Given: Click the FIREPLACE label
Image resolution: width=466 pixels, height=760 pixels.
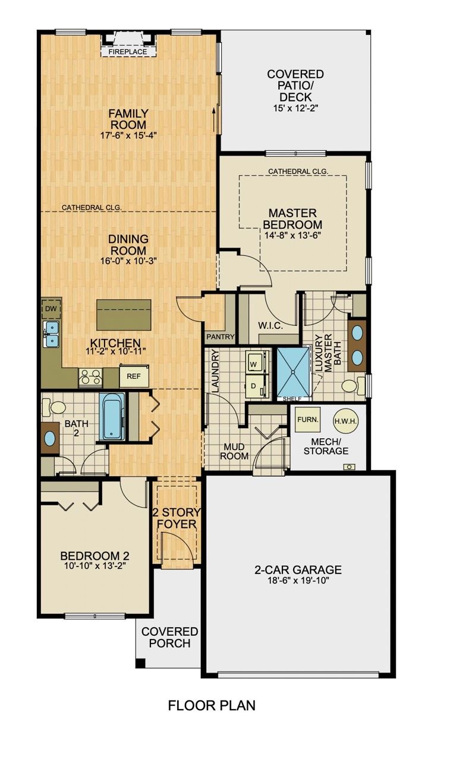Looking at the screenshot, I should pos(127,52).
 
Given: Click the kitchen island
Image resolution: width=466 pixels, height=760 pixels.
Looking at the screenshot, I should pos(124,314).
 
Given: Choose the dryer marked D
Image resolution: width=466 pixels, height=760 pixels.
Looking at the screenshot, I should pos(254,387).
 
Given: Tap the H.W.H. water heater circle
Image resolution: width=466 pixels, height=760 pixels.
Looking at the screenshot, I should pos(345,421).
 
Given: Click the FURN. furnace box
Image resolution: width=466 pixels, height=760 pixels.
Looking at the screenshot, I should pos(308,419).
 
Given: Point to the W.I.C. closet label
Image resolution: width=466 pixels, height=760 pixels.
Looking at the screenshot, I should pos(270,326).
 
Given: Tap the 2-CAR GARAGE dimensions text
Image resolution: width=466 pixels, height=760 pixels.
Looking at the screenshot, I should pos(298,580).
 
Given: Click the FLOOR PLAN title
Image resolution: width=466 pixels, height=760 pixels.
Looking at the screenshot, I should pos(212,705).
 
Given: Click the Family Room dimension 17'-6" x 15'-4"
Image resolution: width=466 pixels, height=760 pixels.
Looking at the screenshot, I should pos(128,135).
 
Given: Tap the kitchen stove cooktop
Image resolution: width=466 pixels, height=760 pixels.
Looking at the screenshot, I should pos(91,377).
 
